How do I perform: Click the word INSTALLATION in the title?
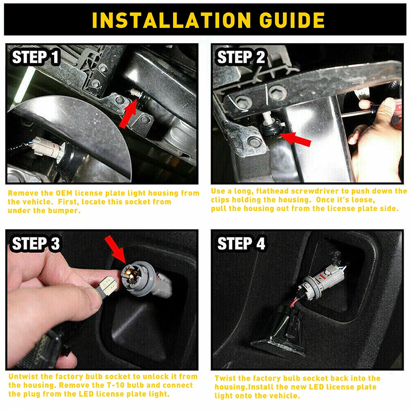coord(171,20)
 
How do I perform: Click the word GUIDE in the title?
coord(292,20)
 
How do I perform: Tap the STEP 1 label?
coord(36,57)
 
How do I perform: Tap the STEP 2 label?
coord(241,57)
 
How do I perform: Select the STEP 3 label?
coord(36,244)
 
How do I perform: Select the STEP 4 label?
coord(241,244)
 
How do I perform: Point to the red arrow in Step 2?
coord(295,139)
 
